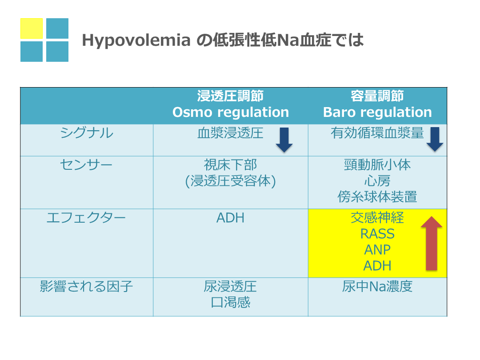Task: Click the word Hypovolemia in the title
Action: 136,40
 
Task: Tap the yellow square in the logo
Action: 32,28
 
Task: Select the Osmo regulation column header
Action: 231,104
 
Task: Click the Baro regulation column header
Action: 377,104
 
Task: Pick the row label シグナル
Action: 87,133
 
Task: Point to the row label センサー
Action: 86,165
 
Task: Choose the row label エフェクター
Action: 86,218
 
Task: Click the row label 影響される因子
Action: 86,287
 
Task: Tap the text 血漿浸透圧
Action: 230,133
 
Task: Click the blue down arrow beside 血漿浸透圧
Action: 284,140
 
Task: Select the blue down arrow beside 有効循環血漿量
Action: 435,139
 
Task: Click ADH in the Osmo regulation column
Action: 230,218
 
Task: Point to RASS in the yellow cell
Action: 377,234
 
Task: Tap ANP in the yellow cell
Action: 377,250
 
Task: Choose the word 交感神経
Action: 377,218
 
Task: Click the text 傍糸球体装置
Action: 377,196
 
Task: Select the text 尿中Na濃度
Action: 377,287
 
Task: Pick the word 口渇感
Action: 231,303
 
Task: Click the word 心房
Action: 377,180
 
